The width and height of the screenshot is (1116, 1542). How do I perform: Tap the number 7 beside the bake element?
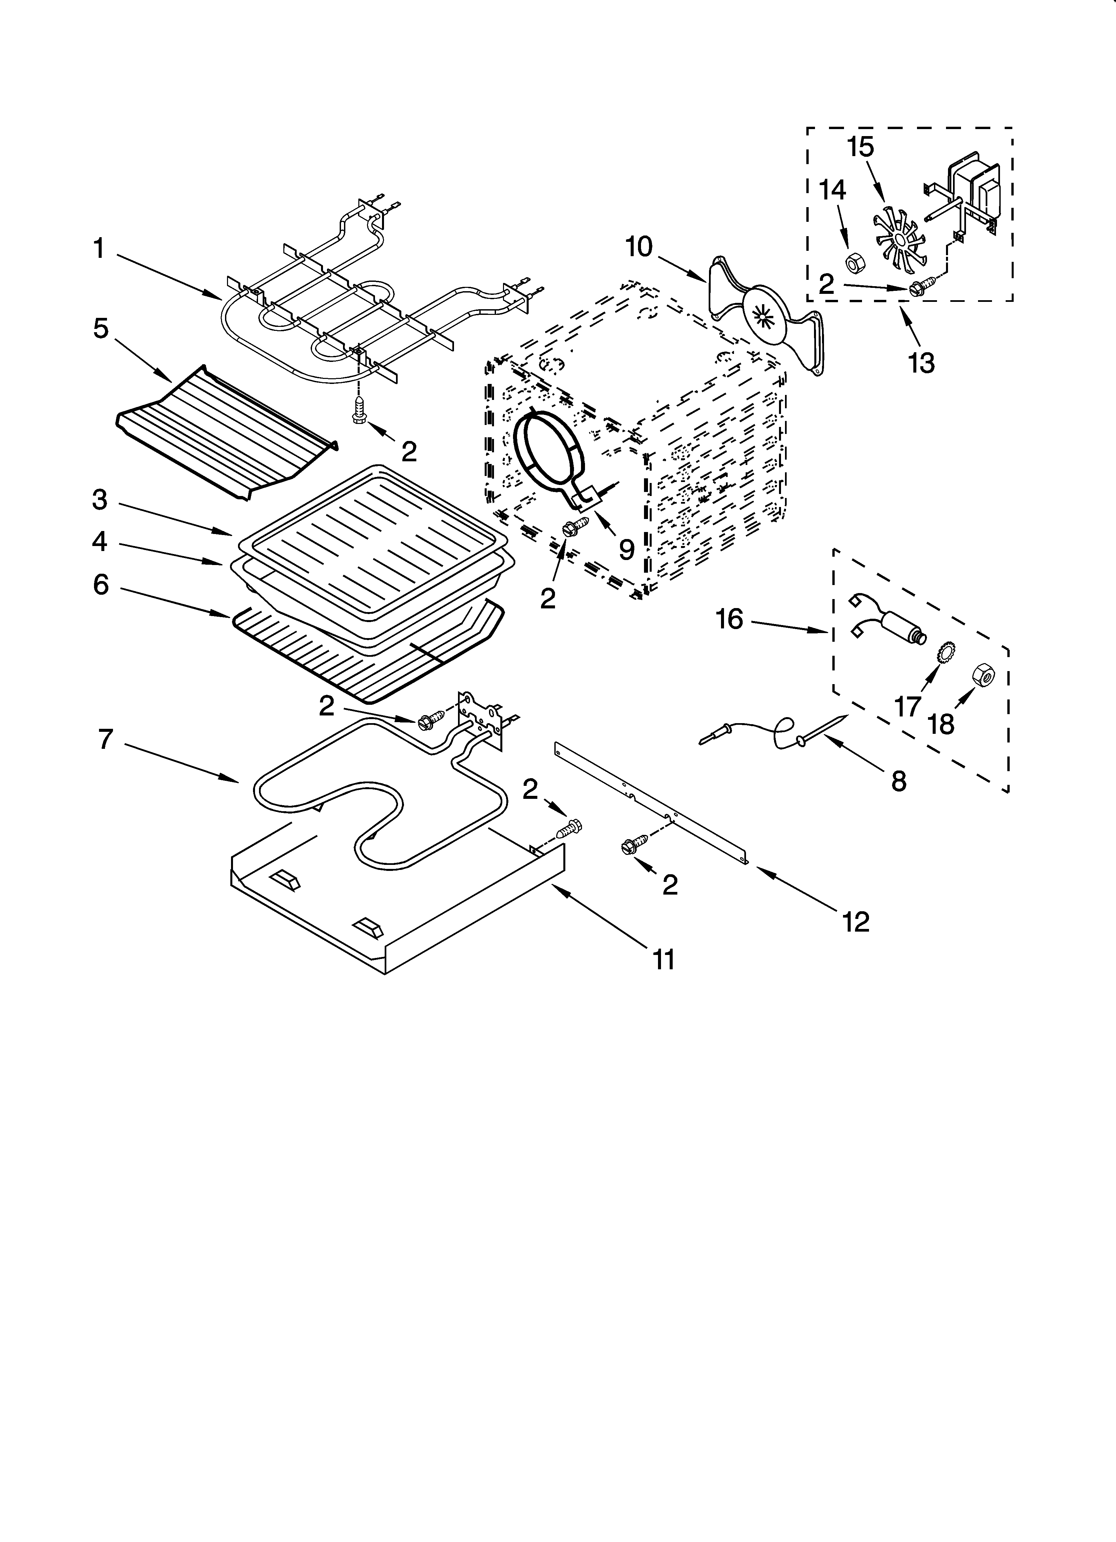tap(105, 739)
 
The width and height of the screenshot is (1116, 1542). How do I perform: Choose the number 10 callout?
tap(639, 247)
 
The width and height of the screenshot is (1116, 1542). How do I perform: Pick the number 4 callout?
tap(100, 542)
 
